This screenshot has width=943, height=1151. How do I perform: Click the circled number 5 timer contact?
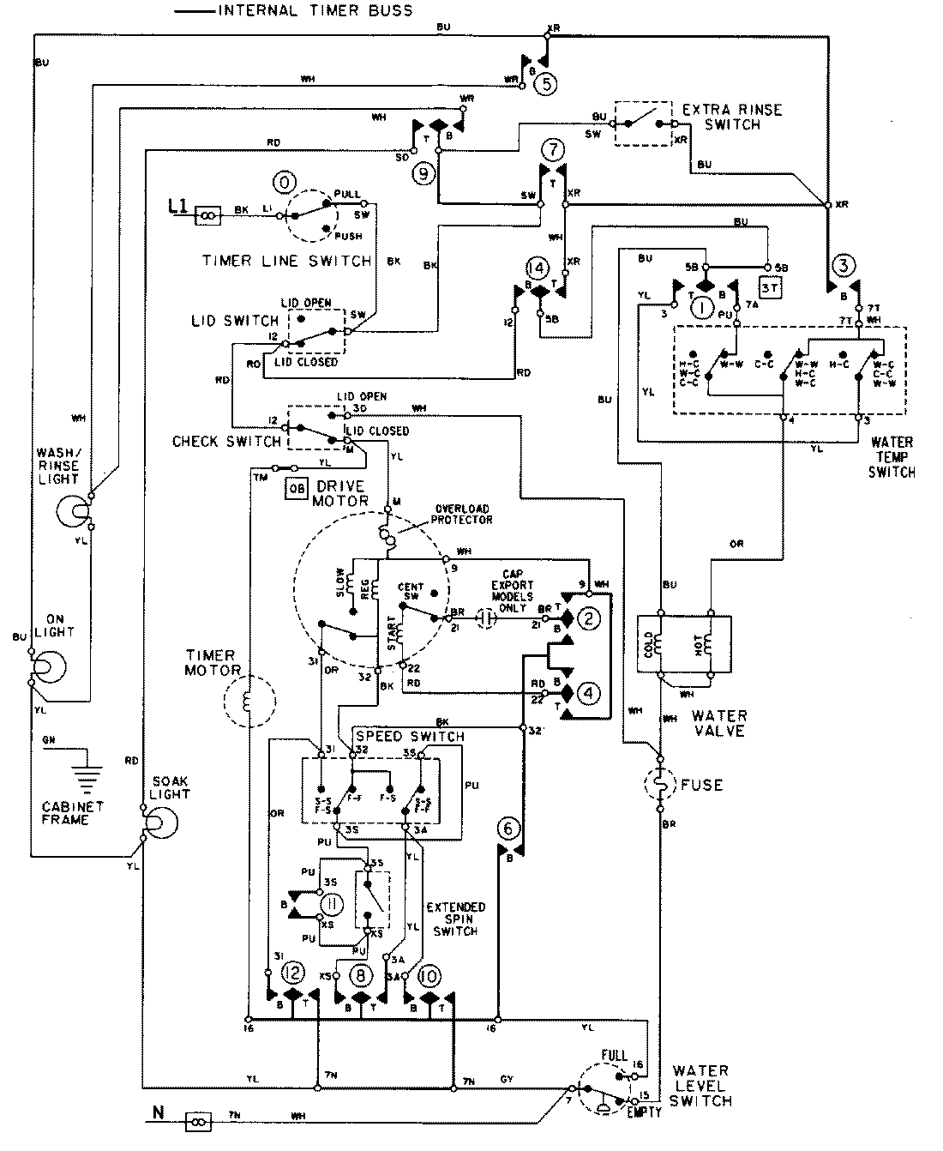546,83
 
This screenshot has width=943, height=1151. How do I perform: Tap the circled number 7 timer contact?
553,149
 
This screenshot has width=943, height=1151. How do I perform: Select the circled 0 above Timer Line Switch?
282,182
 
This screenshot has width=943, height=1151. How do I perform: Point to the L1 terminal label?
178,207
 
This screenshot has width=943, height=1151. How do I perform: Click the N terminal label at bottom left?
158,1116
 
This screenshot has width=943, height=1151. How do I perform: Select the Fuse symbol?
659,784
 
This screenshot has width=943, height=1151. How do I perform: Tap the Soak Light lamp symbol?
159,822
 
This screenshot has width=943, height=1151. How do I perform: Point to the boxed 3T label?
770,288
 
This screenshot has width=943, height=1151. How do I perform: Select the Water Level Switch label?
700,1085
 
